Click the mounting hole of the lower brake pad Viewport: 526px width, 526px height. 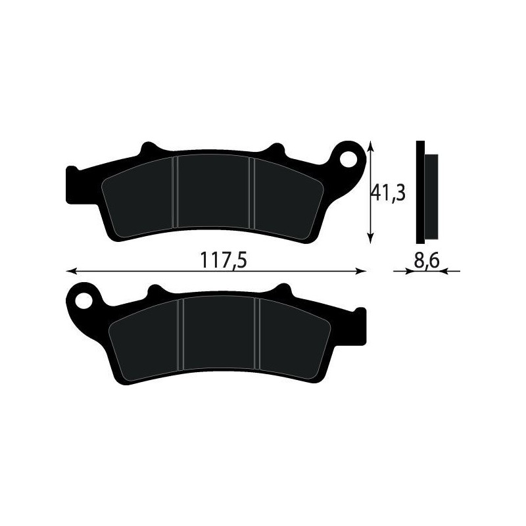(x=83, y=300)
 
